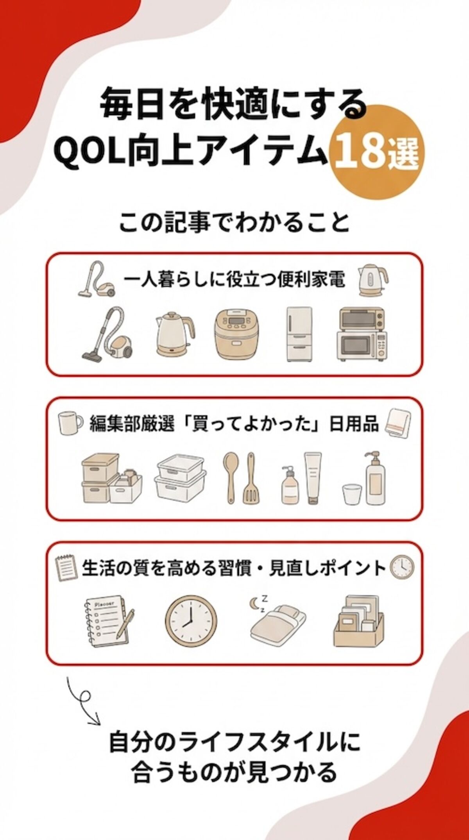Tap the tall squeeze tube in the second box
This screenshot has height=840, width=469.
point(313,478)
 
